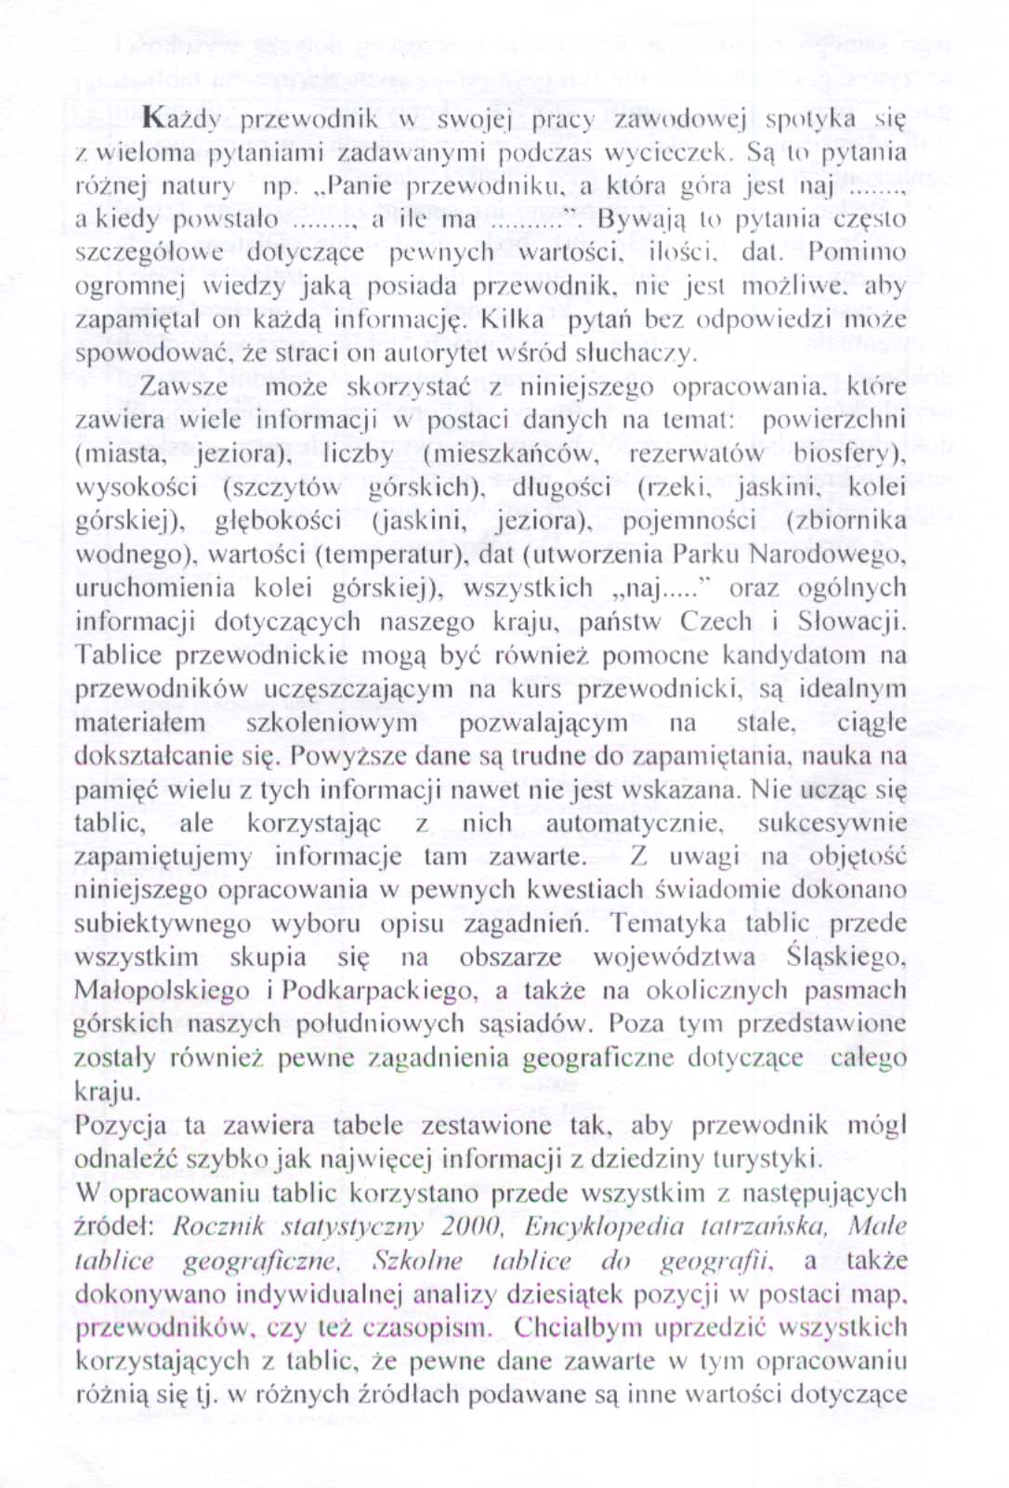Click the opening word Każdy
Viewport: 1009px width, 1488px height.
(181, 118)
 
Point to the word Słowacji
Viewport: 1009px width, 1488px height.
(850, 622)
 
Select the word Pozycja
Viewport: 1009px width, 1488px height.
(121, 1126)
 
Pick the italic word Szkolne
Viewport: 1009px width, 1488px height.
(416, 1260)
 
